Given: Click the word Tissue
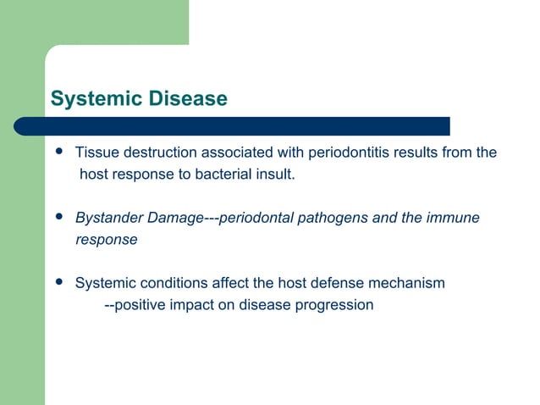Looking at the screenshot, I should pyautogui.click(x=95, y=153).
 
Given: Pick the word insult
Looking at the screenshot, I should pyautogui.click(x=274, y=175).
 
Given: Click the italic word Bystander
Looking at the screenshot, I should pyautogui.click(x=107, y=219).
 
